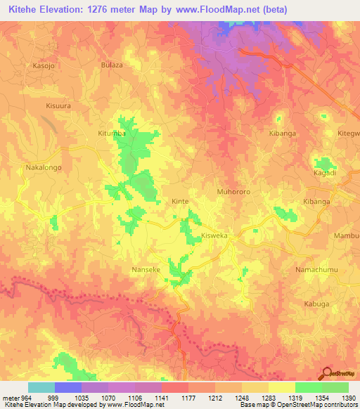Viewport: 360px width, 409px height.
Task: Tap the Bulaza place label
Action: pos(112,65)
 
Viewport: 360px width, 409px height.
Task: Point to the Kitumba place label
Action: pos(111,132)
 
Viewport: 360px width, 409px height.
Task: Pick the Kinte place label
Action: pos(181,201)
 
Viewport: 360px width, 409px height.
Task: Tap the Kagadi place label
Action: pos(324,172)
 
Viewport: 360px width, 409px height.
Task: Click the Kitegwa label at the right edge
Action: pos(348,133)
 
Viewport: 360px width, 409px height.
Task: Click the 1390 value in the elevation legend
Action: pos(349,397)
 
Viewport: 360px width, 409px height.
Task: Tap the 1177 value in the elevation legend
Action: pos(188,397)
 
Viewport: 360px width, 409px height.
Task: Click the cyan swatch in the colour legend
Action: pos(41,387)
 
